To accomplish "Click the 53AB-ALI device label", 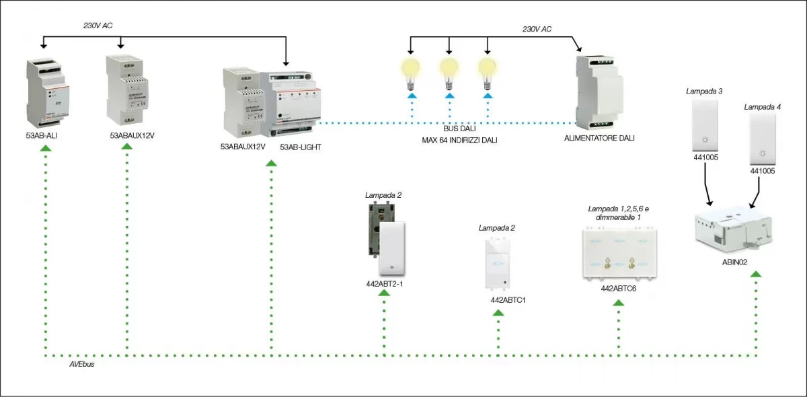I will pos(42,135).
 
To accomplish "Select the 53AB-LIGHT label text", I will pos(300,146).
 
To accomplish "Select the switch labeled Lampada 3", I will pos(705,127).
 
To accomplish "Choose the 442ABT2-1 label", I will pos(384,284).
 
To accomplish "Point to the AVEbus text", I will pos(81,364).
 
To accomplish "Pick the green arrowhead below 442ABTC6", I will pos(619,303).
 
